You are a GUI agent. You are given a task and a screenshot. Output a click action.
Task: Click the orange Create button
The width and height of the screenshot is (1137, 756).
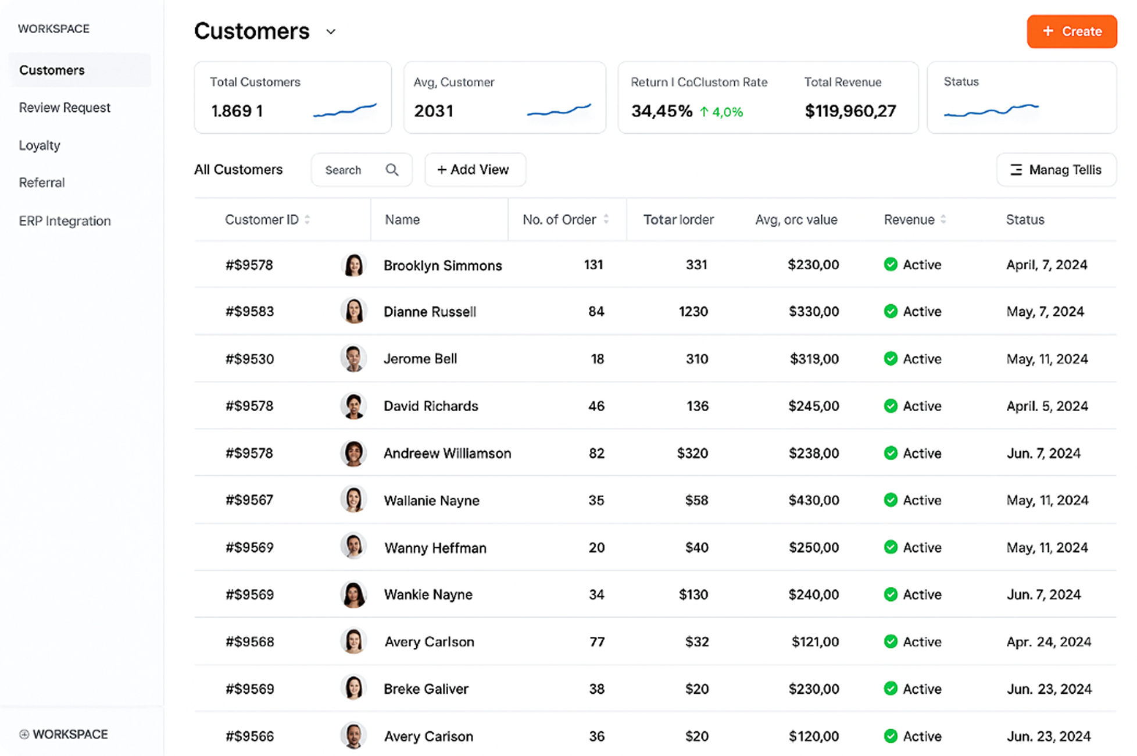(x=1071, y=31)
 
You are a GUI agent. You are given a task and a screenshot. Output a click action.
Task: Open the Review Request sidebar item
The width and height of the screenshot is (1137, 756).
(x=65, y=108)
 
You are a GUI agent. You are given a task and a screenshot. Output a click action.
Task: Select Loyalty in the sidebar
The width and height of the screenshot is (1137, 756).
(x=40, y=145)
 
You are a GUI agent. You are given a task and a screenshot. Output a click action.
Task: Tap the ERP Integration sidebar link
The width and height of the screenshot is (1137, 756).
(x=65, y=221)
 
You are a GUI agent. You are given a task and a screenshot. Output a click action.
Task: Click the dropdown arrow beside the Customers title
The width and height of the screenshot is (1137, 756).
(x=331, y=32)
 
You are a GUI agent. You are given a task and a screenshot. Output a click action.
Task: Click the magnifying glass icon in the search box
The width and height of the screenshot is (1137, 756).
(x=392, y=170)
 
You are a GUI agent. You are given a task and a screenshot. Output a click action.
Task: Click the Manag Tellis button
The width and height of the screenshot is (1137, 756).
(x=1056, y=170)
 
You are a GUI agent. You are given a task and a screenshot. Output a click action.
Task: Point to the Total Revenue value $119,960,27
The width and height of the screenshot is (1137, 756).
(x=850, y=111)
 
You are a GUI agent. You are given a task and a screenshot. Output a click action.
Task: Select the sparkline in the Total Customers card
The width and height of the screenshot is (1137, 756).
(x=345, y=110)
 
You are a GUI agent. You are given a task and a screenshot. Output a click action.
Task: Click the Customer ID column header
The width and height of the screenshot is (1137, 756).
(x=262, y=220)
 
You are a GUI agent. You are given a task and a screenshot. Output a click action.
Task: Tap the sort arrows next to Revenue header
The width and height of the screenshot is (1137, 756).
(x=943, y=219)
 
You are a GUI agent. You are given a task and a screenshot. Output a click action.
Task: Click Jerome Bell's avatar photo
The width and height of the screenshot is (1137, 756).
(x=353, y=358)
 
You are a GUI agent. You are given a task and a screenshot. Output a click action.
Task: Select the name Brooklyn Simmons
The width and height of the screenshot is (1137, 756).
(x=442, y=266)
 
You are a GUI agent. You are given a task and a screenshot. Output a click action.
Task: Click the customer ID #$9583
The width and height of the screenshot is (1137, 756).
(x=249, y=312)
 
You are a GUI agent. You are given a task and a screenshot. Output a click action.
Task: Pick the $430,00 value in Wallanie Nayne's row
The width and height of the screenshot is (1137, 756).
(x=813, y=500)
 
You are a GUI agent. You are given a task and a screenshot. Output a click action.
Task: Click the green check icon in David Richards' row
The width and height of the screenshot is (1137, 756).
(x=891, y=406)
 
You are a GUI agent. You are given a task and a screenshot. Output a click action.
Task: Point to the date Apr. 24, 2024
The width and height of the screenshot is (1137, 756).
(x=1048, y=642)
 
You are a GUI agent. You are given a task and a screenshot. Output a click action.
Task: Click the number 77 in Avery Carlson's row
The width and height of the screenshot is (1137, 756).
(x=597, y=642)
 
